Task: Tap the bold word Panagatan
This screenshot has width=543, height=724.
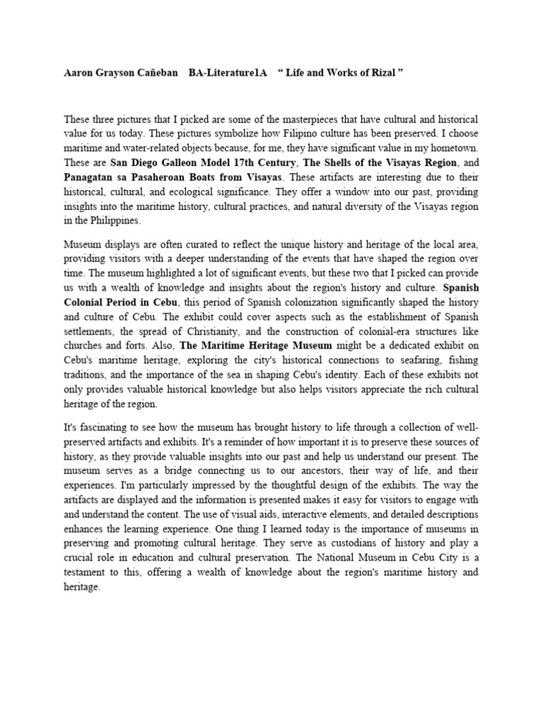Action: pos(90,176)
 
